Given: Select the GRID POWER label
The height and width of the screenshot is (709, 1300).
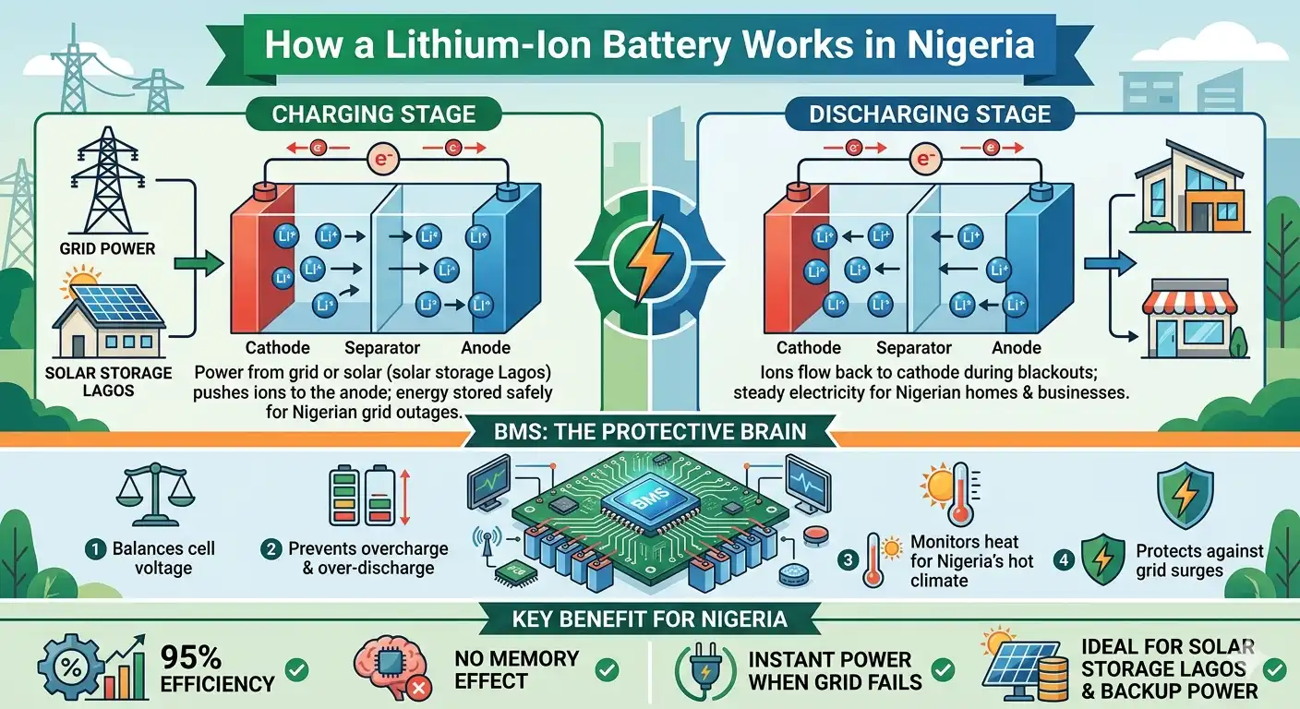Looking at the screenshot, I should [107, 249].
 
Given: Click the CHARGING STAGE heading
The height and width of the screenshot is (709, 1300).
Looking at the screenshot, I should [374, 114].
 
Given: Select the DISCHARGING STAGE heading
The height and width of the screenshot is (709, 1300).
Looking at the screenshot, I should [930, 114].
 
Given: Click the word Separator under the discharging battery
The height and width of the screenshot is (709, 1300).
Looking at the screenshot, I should [914, 348].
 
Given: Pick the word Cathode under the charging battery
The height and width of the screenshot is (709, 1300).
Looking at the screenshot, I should [277, 348].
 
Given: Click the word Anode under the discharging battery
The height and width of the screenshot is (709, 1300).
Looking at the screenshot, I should [1016, 348].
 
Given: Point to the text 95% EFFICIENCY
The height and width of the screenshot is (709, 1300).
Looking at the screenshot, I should [218, 670].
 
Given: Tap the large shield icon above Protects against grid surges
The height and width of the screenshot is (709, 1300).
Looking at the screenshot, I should [1185, 496].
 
